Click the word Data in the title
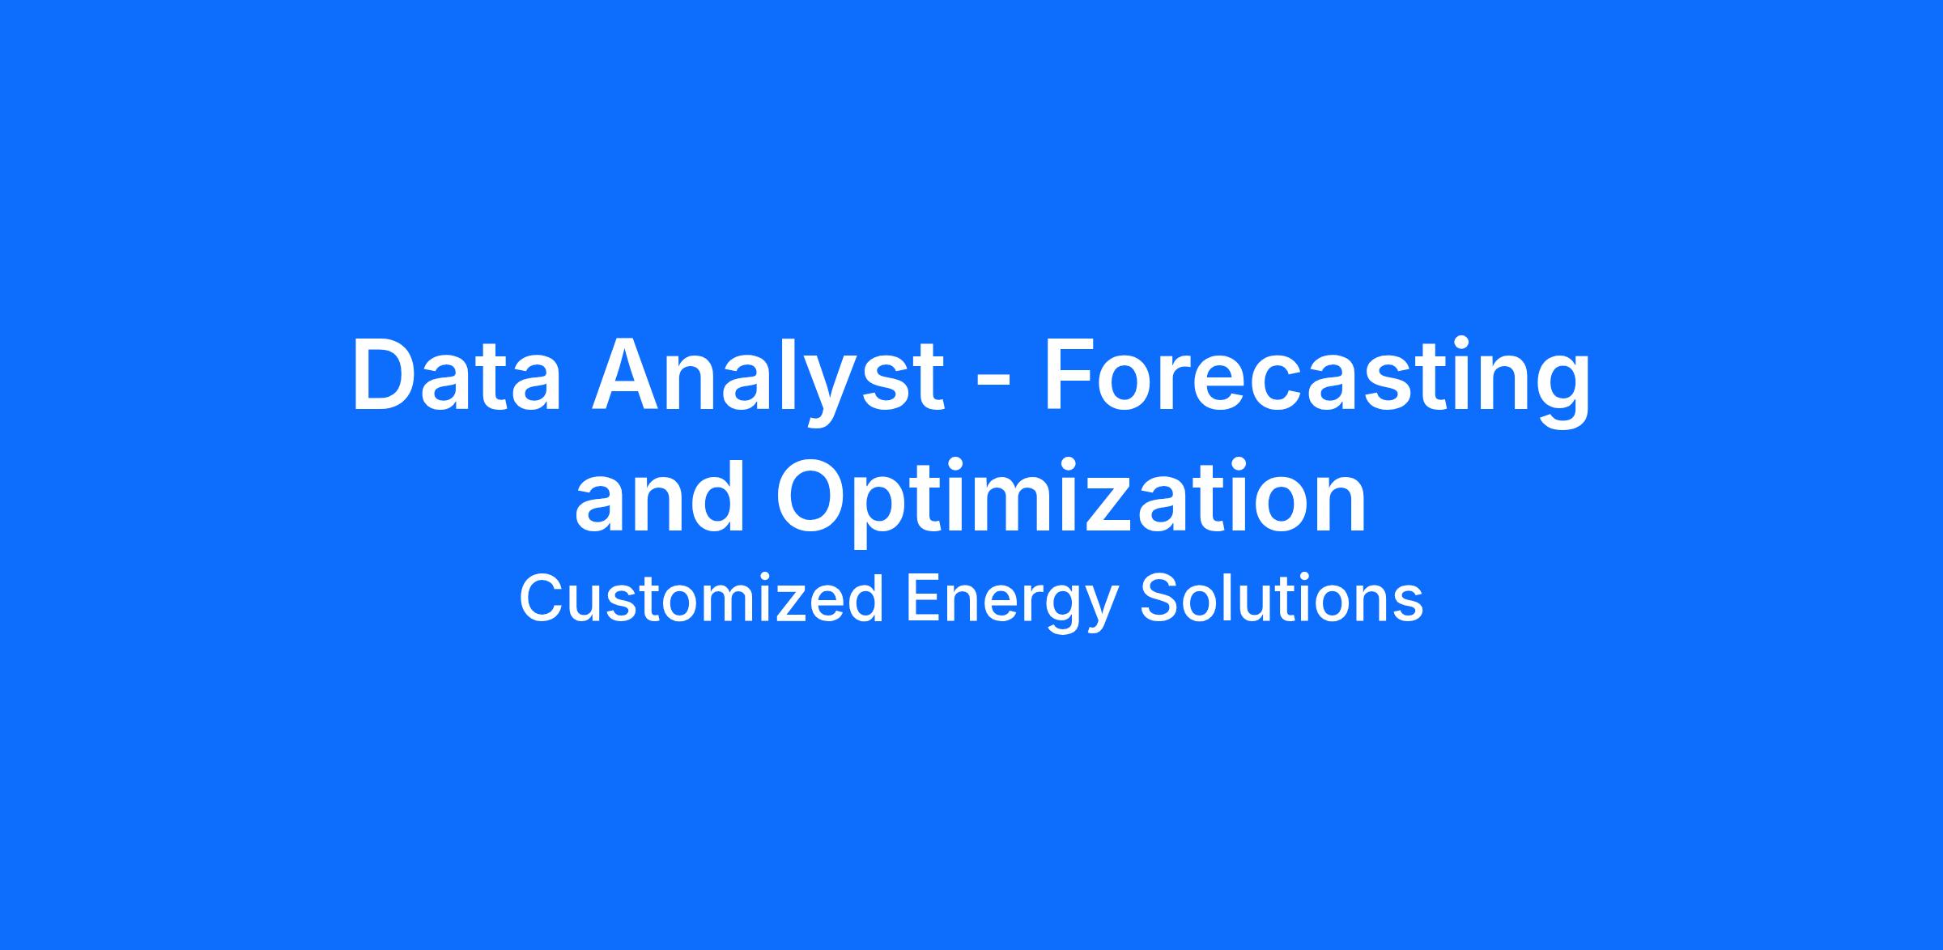click(457, 376)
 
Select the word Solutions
click(1282, 599)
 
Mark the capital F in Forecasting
click(1072, 376)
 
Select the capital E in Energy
click(924, 599)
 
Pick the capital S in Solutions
click(1160, 599)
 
